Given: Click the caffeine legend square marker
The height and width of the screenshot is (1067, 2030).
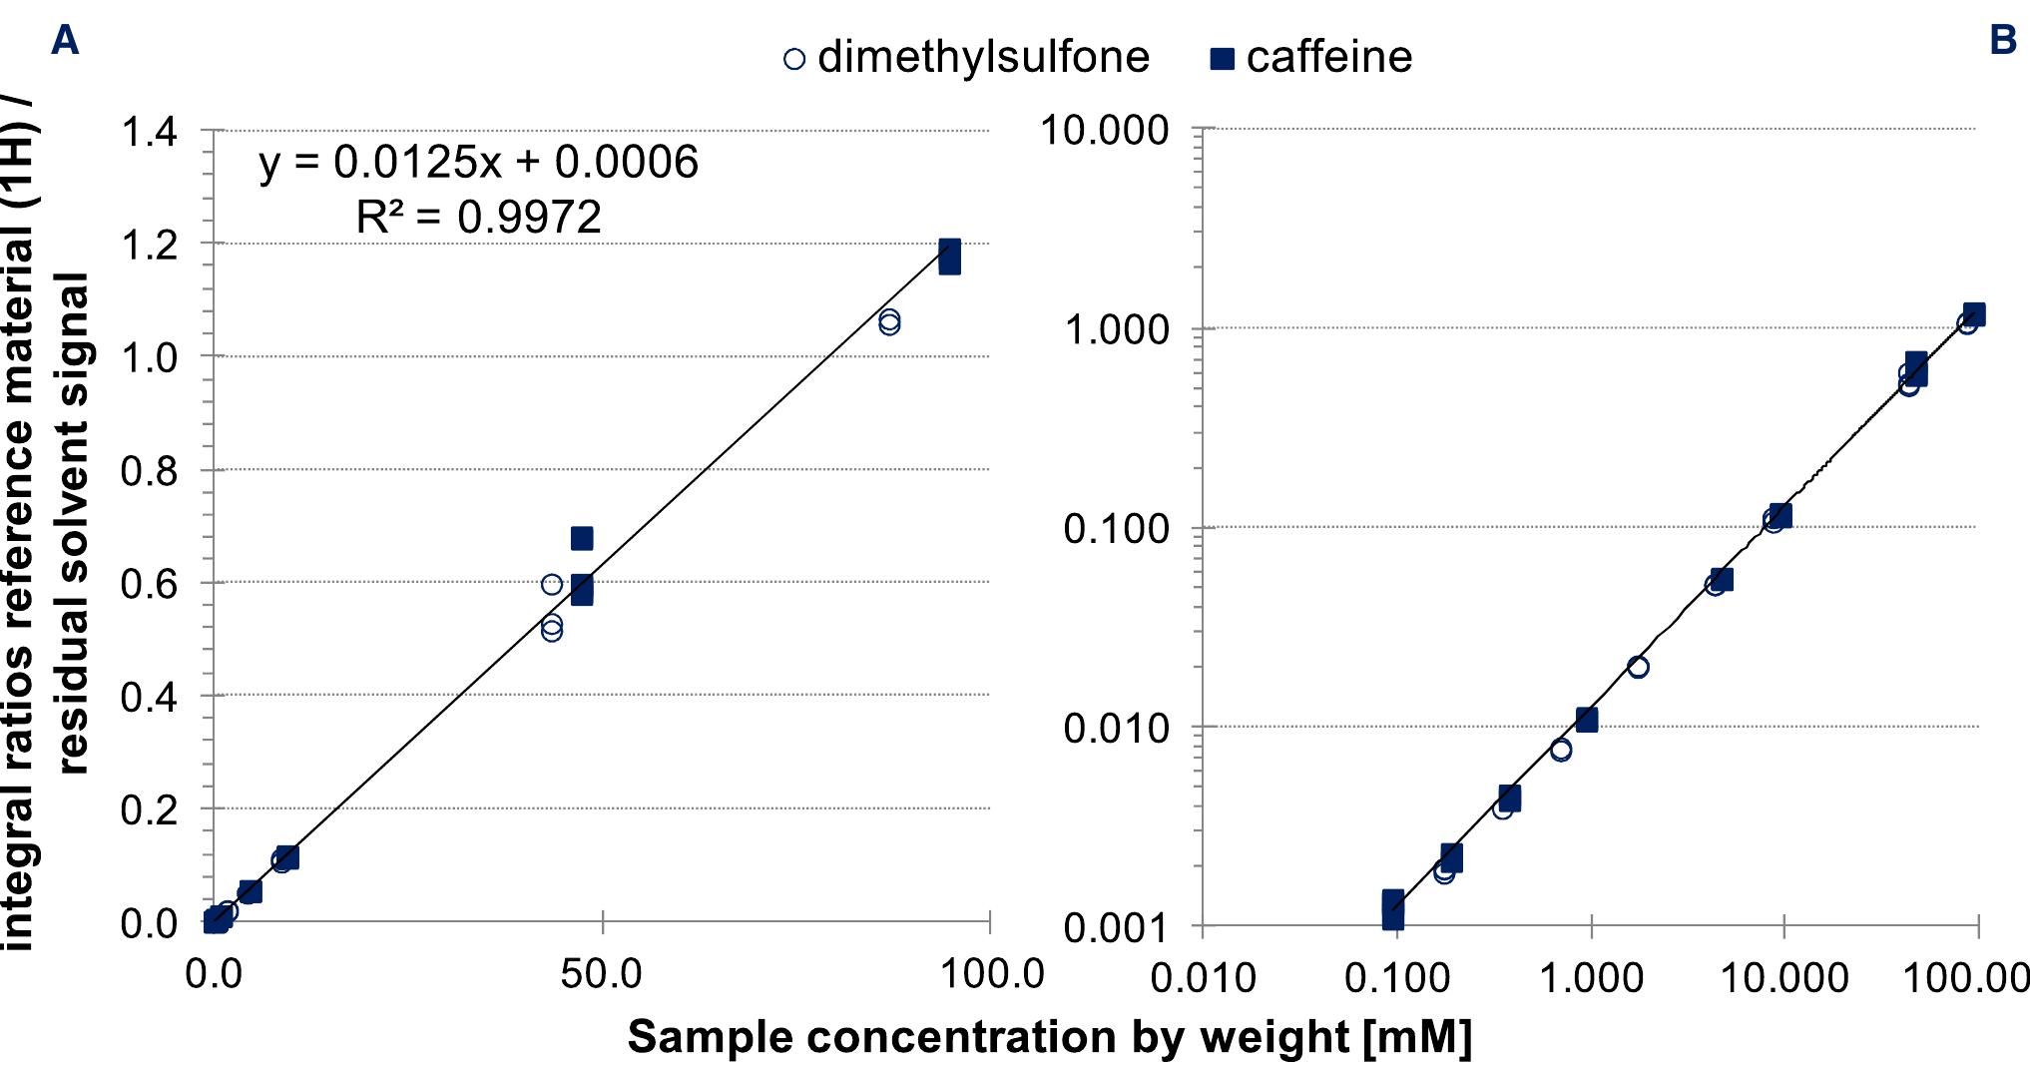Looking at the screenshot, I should point(1222,59).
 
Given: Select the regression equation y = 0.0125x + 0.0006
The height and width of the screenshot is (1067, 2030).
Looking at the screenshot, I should point(478,162).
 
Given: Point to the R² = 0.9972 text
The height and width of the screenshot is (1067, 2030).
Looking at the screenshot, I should point(478,217).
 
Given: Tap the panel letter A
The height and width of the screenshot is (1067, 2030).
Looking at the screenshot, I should point(64,41).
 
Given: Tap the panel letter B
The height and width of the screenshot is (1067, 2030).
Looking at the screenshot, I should point(2002,40).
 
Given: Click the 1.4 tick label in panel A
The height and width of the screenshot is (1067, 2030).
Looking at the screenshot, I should point(149,131).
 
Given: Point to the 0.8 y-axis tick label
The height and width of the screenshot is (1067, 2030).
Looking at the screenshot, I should point(149,471).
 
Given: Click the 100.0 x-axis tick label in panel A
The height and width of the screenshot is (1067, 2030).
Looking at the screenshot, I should point(992,973).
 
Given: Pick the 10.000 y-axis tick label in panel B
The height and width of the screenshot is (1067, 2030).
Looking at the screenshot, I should point(1104,130).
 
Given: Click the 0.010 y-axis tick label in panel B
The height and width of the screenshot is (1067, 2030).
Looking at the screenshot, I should point(1115,728).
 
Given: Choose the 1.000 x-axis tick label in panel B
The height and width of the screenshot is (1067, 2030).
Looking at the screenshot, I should point(1591,977).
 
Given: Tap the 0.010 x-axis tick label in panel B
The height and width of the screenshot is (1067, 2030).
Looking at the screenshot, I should point(1203,977).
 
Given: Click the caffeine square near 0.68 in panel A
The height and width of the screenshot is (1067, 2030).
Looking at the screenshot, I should point(582,539).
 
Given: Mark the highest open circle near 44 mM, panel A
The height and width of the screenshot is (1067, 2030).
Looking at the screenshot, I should point(552,584).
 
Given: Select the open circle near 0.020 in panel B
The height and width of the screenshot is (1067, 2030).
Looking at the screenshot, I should point(1638,667).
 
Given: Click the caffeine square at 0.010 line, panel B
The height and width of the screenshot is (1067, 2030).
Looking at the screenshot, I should point(1587,720).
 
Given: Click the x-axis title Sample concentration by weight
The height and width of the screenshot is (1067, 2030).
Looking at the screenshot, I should point(1048,1037).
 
